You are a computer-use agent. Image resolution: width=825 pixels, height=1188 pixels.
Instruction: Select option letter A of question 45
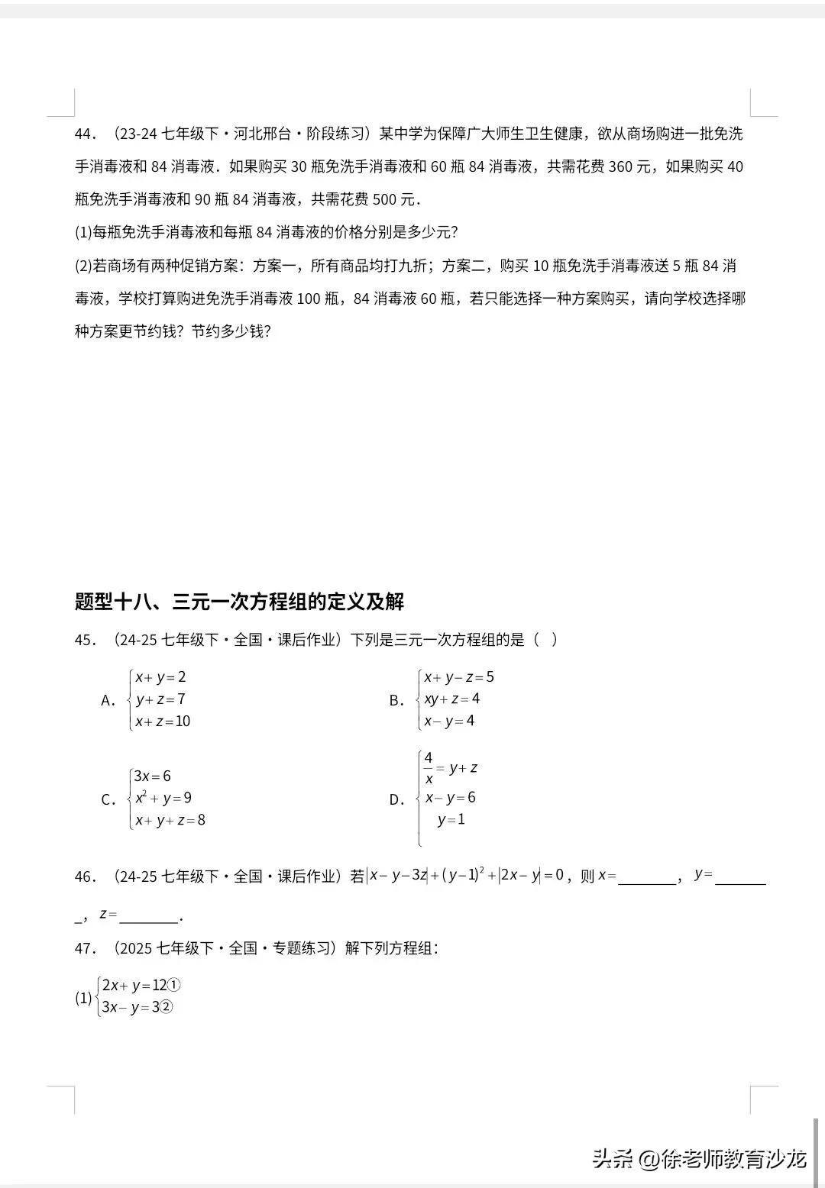pyautogui.click(x=107, y=700)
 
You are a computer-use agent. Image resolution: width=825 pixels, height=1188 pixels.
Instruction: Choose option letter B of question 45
pyautogui.click(x=395, y=700)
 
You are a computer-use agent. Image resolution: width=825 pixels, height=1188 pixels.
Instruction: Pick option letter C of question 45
pyautogui.click(x=107, y=799)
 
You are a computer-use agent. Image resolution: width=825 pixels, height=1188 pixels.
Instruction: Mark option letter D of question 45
pyautogui.click(x=395, y=799)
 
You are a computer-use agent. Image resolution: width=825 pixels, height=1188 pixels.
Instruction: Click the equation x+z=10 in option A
pyautogui.click(x=163, y=722)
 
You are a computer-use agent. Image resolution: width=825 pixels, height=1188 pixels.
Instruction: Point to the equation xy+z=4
pyautogui.click(x=452, y=699)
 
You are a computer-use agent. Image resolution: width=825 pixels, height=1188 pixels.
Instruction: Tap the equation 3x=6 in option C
pyautogui.click(x=153, y=776)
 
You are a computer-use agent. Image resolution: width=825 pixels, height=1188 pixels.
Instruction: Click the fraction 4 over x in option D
pyautogui.click(x=429, y=768)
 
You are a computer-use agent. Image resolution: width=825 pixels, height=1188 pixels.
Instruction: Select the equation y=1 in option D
pyautogui.click(x=451, y=820)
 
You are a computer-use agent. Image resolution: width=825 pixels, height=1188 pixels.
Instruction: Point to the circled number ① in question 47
pyautogui.click(x=174, y=985)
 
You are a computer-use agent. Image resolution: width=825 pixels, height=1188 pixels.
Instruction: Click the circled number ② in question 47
pyautogui.click(x=167, y=1007)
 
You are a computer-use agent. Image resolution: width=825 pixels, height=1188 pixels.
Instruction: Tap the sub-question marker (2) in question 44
pyautogui.click(x=83, y=266)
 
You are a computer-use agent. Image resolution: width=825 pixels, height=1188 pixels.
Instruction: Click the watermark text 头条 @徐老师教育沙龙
pyautogui.click(x=700, y=1159)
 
